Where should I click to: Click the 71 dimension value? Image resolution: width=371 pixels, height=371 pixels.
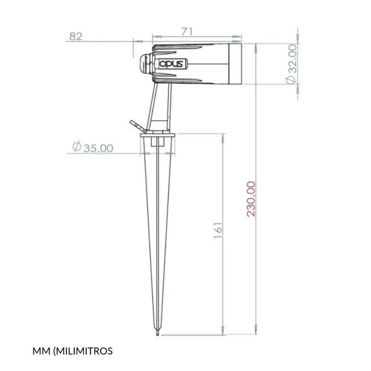(x=187, y=32)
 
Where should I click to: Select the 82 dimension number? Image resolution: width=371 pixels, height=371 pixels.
(x=76, y=37)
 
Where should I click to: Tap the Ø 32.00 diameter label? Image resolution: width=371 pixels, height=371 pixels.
(x=291, y=64)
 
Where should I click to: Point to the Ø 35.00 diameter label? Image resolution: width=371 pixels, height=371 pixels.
(x=93, y=147)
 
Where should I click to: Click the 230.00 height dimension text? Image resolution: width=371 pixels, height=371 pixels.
(x=251, y=199)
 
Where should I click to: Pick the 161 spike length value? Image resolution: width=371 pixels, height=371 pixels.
(x=218, y=230)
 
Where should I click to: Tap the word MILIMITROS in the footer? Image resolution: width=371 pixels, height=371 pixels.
(x=84, y=351)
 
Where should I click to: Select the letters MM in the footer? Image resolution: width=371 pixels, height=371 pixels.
(x=41, y=351)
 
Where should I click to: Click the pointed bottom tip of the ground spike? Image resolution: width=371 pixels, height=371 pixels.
(x=158, y=334)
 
